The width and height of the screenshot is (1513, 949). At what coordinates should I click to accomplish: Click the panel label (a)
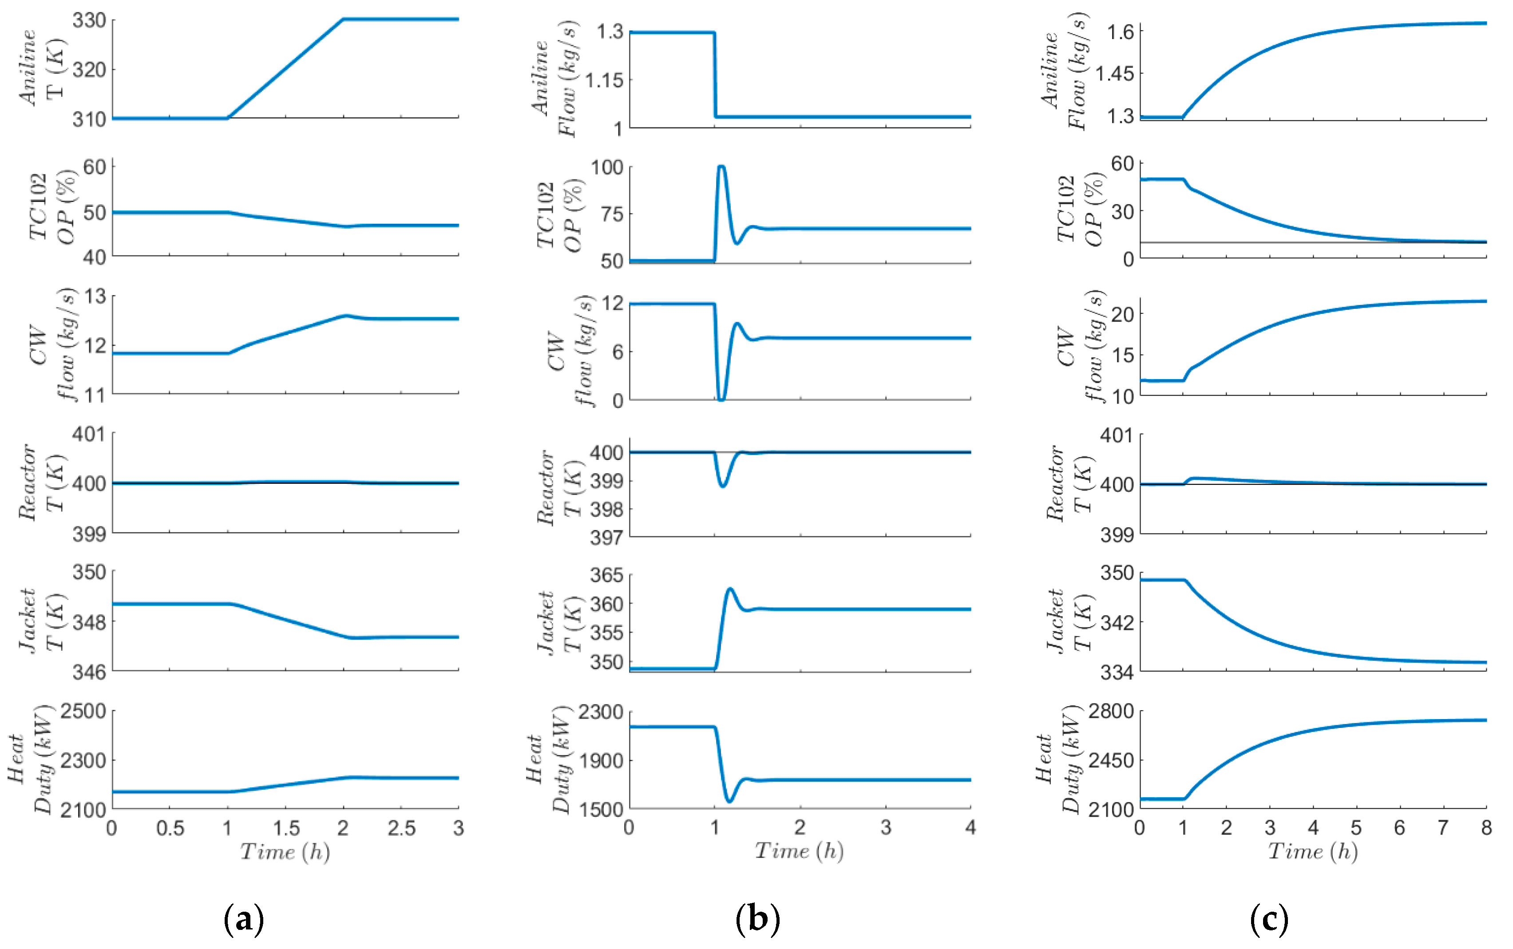tap(244, 920)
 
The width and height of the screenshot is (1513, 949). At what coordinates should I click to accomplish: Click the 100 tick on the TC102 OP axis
tap(606, 168)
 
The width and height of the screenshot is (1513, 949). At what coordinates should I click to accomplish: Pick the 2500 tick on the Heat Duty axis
tap(83, 711)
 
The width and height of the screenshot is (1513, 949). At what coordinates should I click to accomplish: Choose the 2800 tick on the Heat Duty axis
tap(1111, 711)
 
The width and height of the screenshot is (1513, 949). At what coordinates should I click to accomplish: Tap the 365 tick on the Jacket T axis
tap(606, 575)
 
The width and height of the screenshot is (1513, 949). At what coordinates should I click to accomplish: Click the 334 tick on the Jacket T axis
tap(1117, 672)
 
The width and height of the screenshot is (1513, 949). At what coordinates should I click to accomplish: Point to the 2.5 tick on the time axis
tap(401, 829)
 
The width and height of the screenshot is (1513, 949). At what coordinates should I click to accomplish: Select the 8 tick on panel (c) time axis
tap(1486, 829)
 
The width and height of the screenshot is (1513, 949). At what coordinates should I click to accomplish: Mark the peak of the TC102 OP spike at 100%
tap(721, 167)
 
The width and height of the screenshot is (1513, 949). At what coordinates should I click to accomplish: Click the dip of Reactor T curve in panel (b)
tap(723, 486)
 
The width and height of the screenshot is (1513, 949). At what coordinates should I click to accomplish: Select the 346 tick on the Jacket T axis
tap(89, 672)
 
